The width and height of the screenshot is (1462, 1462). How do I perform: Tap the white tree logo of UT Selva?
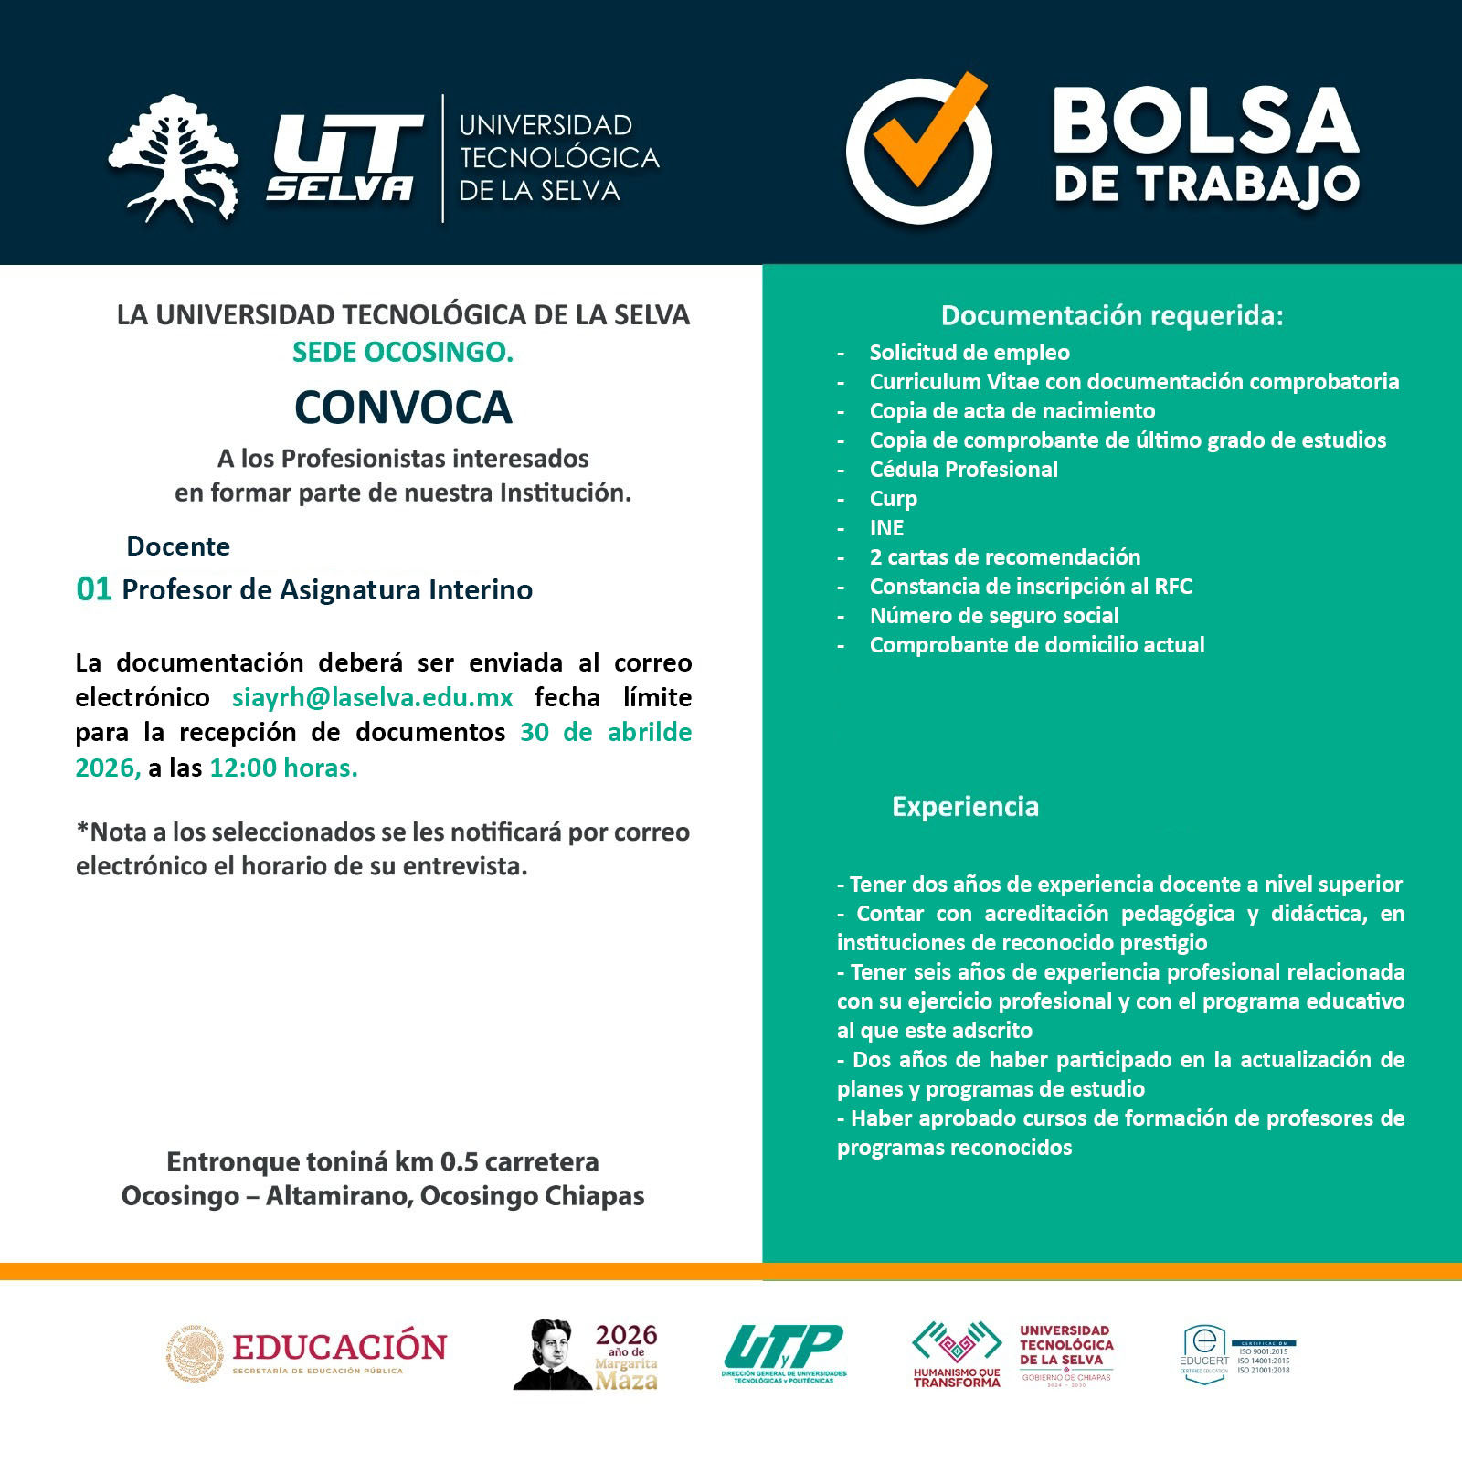(x=174, y=158)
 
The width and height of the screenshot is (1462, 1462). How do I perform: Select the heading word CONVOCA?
(x=403, y=408)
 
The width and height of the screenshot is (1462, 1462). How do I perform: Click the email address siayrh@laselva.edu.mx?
(x=372, y=697)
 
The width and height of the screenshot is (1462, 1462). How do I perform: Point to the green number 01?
(x=93, y=589)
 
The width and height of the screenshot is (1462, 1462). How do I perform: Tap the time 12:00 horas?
(x=283, y=768)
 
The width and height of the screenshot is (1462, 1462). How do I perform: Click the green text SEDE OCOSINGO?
(x=403, y=352)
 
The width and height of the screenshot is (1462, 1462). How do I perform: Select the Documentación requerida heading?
(x=1112, y=315)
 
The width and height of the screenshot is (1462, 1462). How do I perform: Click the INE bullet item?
(x=886, y=528)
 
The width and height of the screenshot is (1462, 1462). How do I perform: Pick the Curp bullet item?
(x=893, y=499)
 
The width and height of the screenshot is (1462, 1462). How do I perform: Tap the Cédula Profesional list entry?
(x=963, y=470)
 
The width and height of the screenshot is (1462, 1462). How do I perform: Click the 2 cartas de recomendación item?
(x=1004, y=557)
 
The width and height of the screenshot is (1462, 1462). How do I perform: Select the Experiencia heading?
(x=965, y=806)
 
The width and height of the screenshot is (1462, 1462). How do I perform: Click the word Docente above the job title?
(x=178, y=546)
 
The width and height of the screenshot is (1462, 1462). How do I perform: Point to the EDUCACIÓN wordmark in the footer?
(x=339, y=1347)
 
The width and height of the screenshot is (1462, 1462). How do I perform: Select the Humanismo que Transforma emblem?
(x=957, y=1352)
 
